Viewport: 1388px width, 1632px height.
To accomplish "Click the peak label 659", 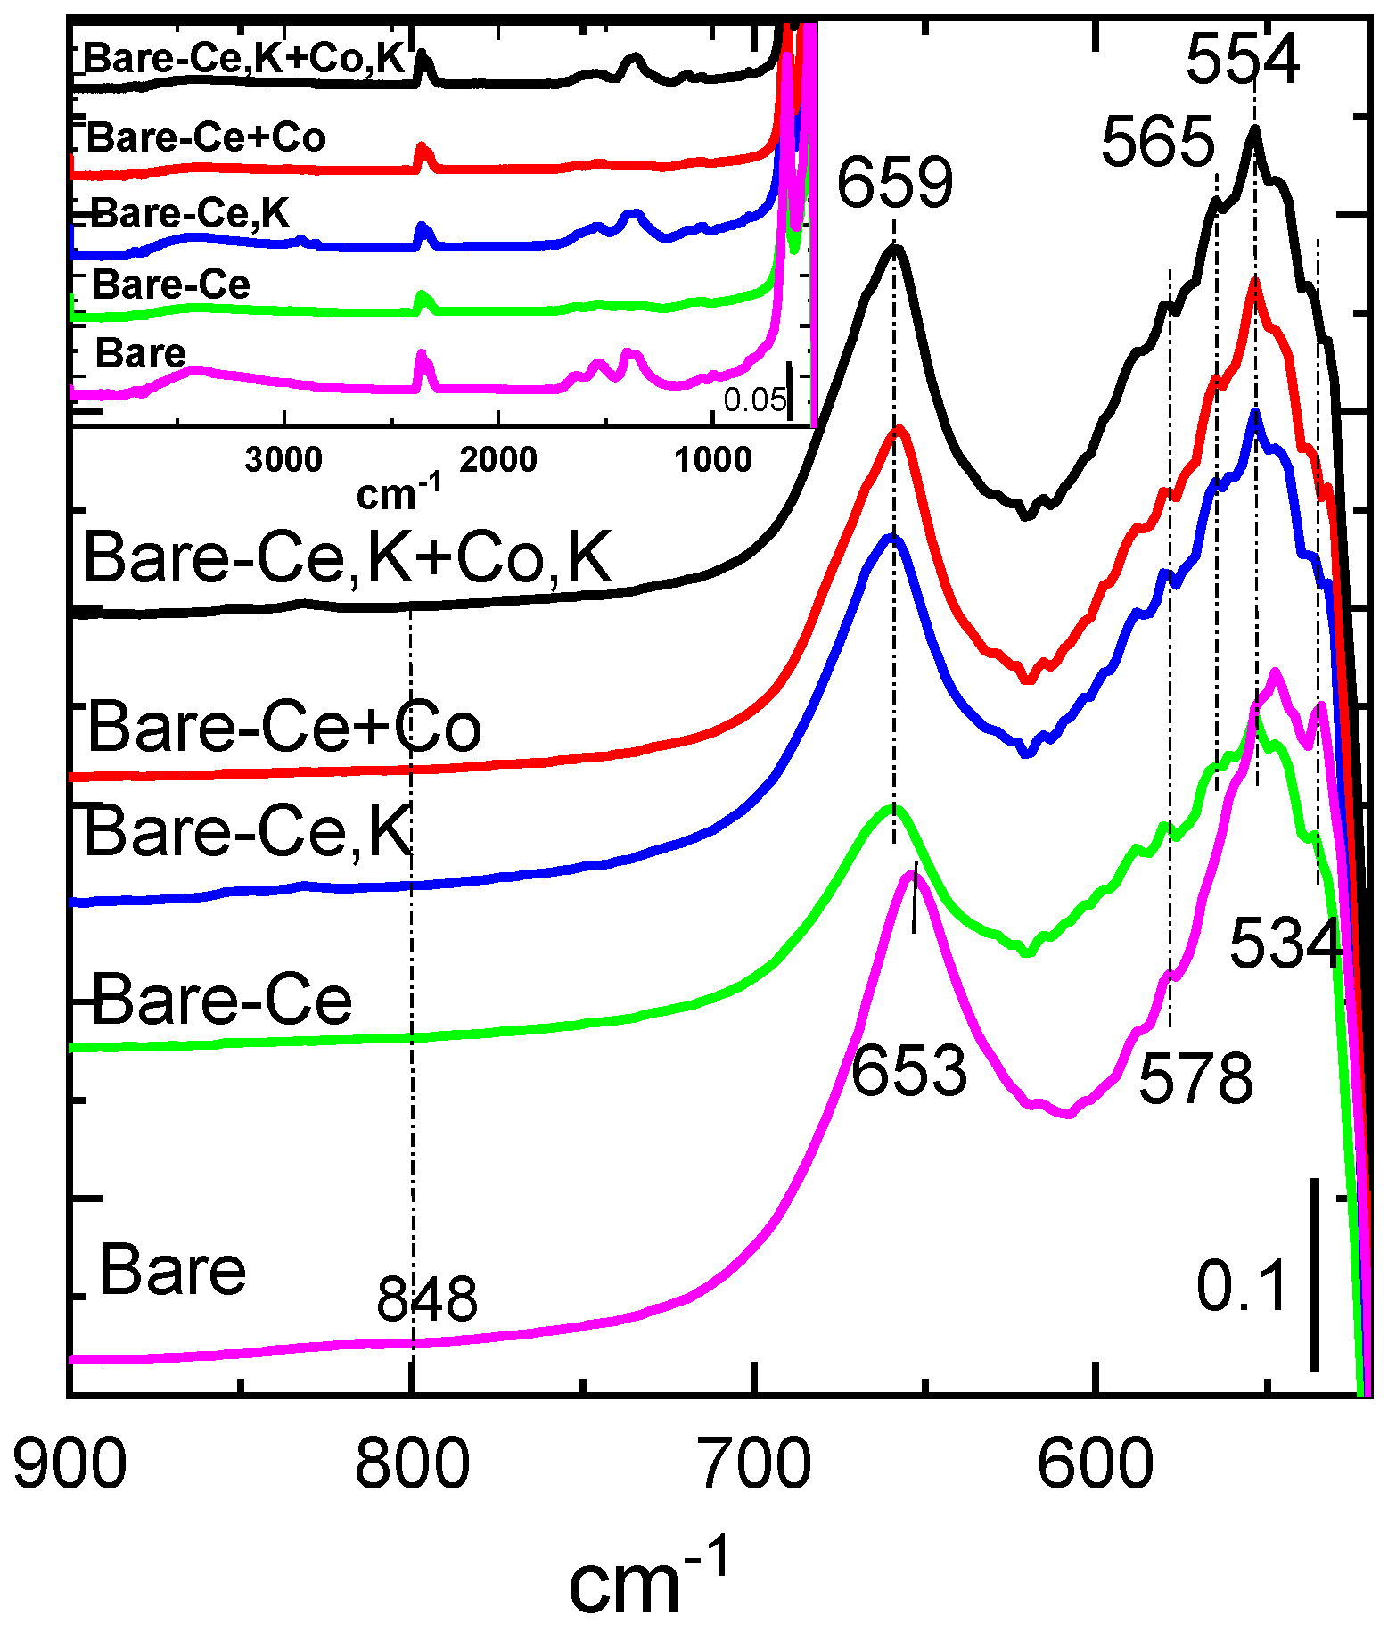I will point(895,183).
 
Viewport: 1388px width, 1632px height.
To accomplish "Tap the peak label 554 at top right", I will point(1243,60).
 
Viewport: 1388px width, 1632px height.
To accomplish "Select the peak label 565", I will point(1158,143).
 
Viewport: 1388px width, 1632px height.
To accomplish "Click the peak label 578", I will point(1195,1078).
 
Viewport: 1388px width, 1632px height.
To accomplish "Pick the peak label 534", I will point(1285,943).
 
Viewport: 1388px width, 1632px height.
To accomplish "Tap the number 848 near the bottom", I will point(427,1298).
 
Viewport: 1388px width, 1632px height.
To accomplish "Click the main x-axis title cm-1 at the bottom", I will point(648,1578).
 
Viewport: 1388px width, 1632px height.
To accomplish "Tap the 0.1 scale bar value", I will point(1242,1287).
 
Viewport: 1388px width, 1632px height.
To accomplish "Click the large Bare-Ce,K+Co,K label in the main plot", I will point(348,558).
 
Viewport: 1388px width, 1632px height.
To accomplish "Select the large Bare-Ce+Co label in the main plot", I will point(284,727).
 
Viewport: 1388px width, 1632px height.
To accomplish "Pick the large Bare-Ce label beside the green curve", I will point(222,1000).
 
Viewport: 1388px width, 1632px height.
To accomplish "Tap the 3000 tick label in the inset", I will point(283,460).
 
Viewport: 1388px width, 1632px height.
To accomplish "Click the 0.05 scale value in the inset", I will point(754,400).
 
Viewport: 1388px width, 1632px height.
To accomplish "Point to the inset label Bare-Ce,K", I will point(191,214).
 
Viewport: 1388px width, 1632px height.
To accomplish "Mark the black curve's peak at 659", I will point(894,249).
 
